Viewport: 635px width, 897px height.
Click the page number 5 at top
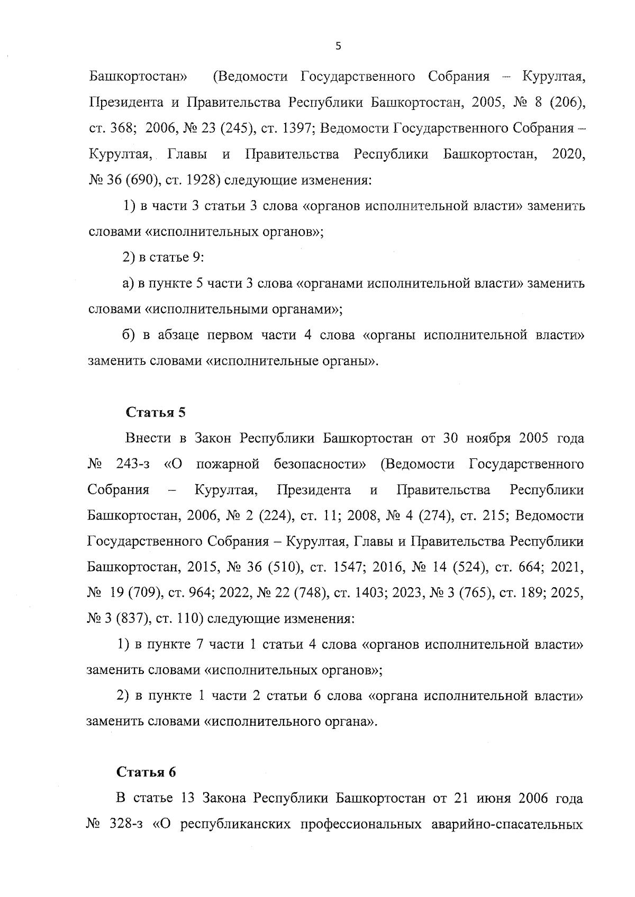pos(338,47)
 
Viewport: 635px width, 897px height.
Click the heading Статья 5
pos(156,413)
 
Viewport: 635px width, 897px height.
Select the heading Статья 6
pos(146,772)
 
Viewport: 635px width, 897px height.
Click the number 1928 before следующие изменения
pos(202,181)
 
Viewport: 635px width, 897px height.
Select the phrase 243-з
pos(131,465)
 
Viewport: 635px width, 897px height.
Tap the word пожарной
pos(228,465)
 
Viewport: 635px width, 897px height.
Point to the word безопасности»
pos(320,465)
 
